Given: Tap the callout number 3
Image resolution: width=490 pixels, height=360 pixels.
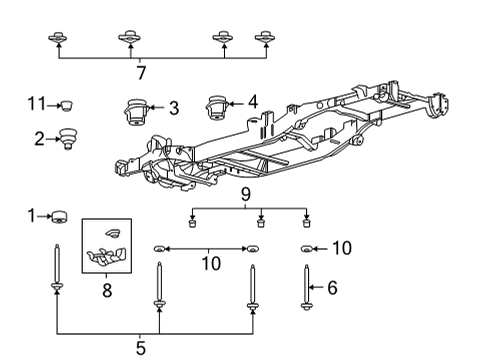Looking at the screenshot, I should pos(173,108).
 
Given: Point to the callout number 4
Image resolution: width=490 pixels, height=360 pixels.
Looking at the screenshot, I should pos(252,101).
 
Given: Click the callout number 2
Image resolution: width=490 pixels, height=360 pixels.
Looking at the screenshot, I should pos(40,139).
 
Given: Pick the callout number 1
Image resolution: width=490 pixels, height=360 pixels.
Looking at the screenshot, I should pos(31,215).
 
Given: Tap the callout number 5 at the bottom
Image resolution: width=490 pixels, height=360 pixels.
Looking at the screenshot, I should pos(140,347).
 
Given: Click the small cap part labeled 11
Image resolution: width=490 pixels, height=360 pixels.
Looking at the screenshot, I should pos(68,103).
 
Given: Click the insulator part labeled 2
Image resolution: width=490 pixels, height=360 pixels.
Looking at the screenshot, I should pos(69,138).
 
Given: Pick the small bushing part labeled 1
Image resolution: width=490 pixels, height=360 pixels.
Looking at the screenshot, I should pos(59,215).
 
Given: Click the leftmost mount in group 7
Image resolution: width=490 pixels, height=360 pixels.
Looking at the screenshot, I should pos(58,39).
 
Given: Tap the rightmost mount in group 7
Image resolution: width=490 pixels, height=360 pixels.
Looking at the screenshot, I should pos(265,38).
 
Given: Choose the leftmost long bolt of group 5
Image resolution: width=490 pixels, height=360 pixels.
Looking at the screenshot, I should pos(56,275).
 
